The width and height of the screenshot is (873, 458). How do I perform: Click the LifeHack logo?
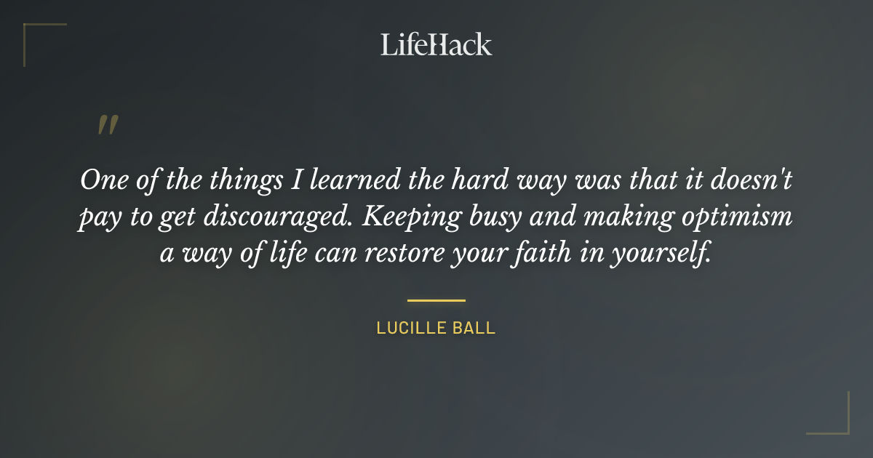tap(436, 44)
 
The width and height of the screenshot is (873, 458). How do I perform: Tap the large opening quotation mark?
tap(108, 125)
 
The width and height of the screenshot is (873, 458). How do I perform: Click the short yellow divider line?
tap(436, 300)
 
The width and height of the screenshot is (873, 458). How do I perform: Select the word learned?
tap(354, 180)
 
